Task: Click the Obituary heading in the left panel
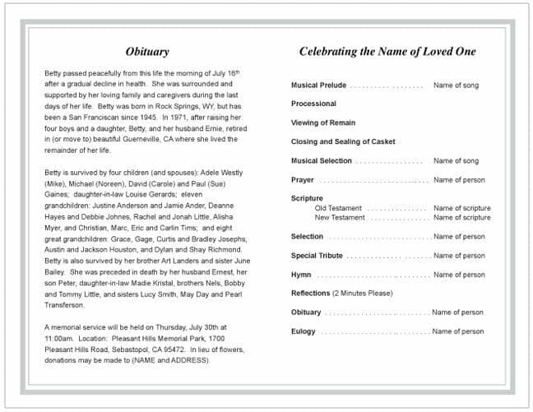pyautogui.click(x=148, y=52)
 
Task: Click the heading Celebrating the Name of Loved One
pyautogui.click(x=387, y=52)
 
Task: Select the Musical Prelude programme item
pyautogui.click(x=318, y=86)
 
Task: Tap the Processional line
pyautogui.click(x=313, y=104)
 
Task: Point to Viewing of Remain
pyautogui.click(x=323, y=123)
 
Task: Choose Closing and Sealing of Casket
pyautogui.click(x=343, y=142)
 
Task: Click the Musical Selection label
pyautogui.click(x=322, y=161)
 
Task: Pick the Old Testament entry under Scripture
pyautogui.click(x=338, y=209)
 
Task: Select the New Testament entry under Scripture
pyautogui.click(x=339, y=218)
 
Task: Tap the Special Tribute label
pyautogui.click(x=317, y=256)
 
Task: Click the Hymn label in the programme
pyautogui.click(x=301, y=275)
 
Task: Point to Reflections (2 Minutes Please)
pyautogui.click(x=341, y=294)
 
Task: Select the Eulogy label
pyautogui.click(x=303, y=331)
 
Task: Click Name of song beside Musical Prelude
pyautogui.click(x=456, y=86)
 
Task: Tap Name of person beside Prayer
pyautogui.click(x=459, y=180)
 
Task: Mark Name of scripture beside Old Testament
pyautogui.click(x=461, y=209)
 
